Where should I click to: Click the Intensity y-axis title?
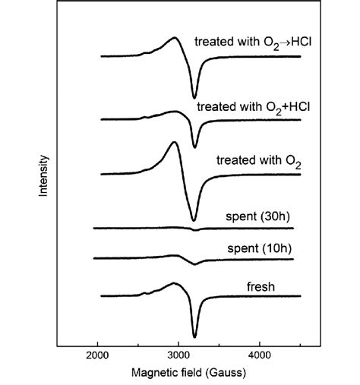(x=44, y=176)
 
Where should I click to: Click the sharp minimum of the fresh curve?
(x=194, y=336)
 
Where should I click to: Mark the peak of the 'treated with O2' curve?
(x=175, y=142)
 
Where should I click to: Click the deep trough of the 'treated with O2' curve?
(x=194, y=220)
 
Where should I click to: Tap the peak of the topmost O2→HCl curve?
(x=175, y=38)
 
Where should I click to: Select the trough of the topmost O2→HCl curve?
(x=194, y=96)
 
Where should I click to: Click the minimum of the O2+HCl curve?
(x=194, y=147)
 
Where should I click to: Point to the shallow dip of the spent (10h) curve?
(x=195, y=264)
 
